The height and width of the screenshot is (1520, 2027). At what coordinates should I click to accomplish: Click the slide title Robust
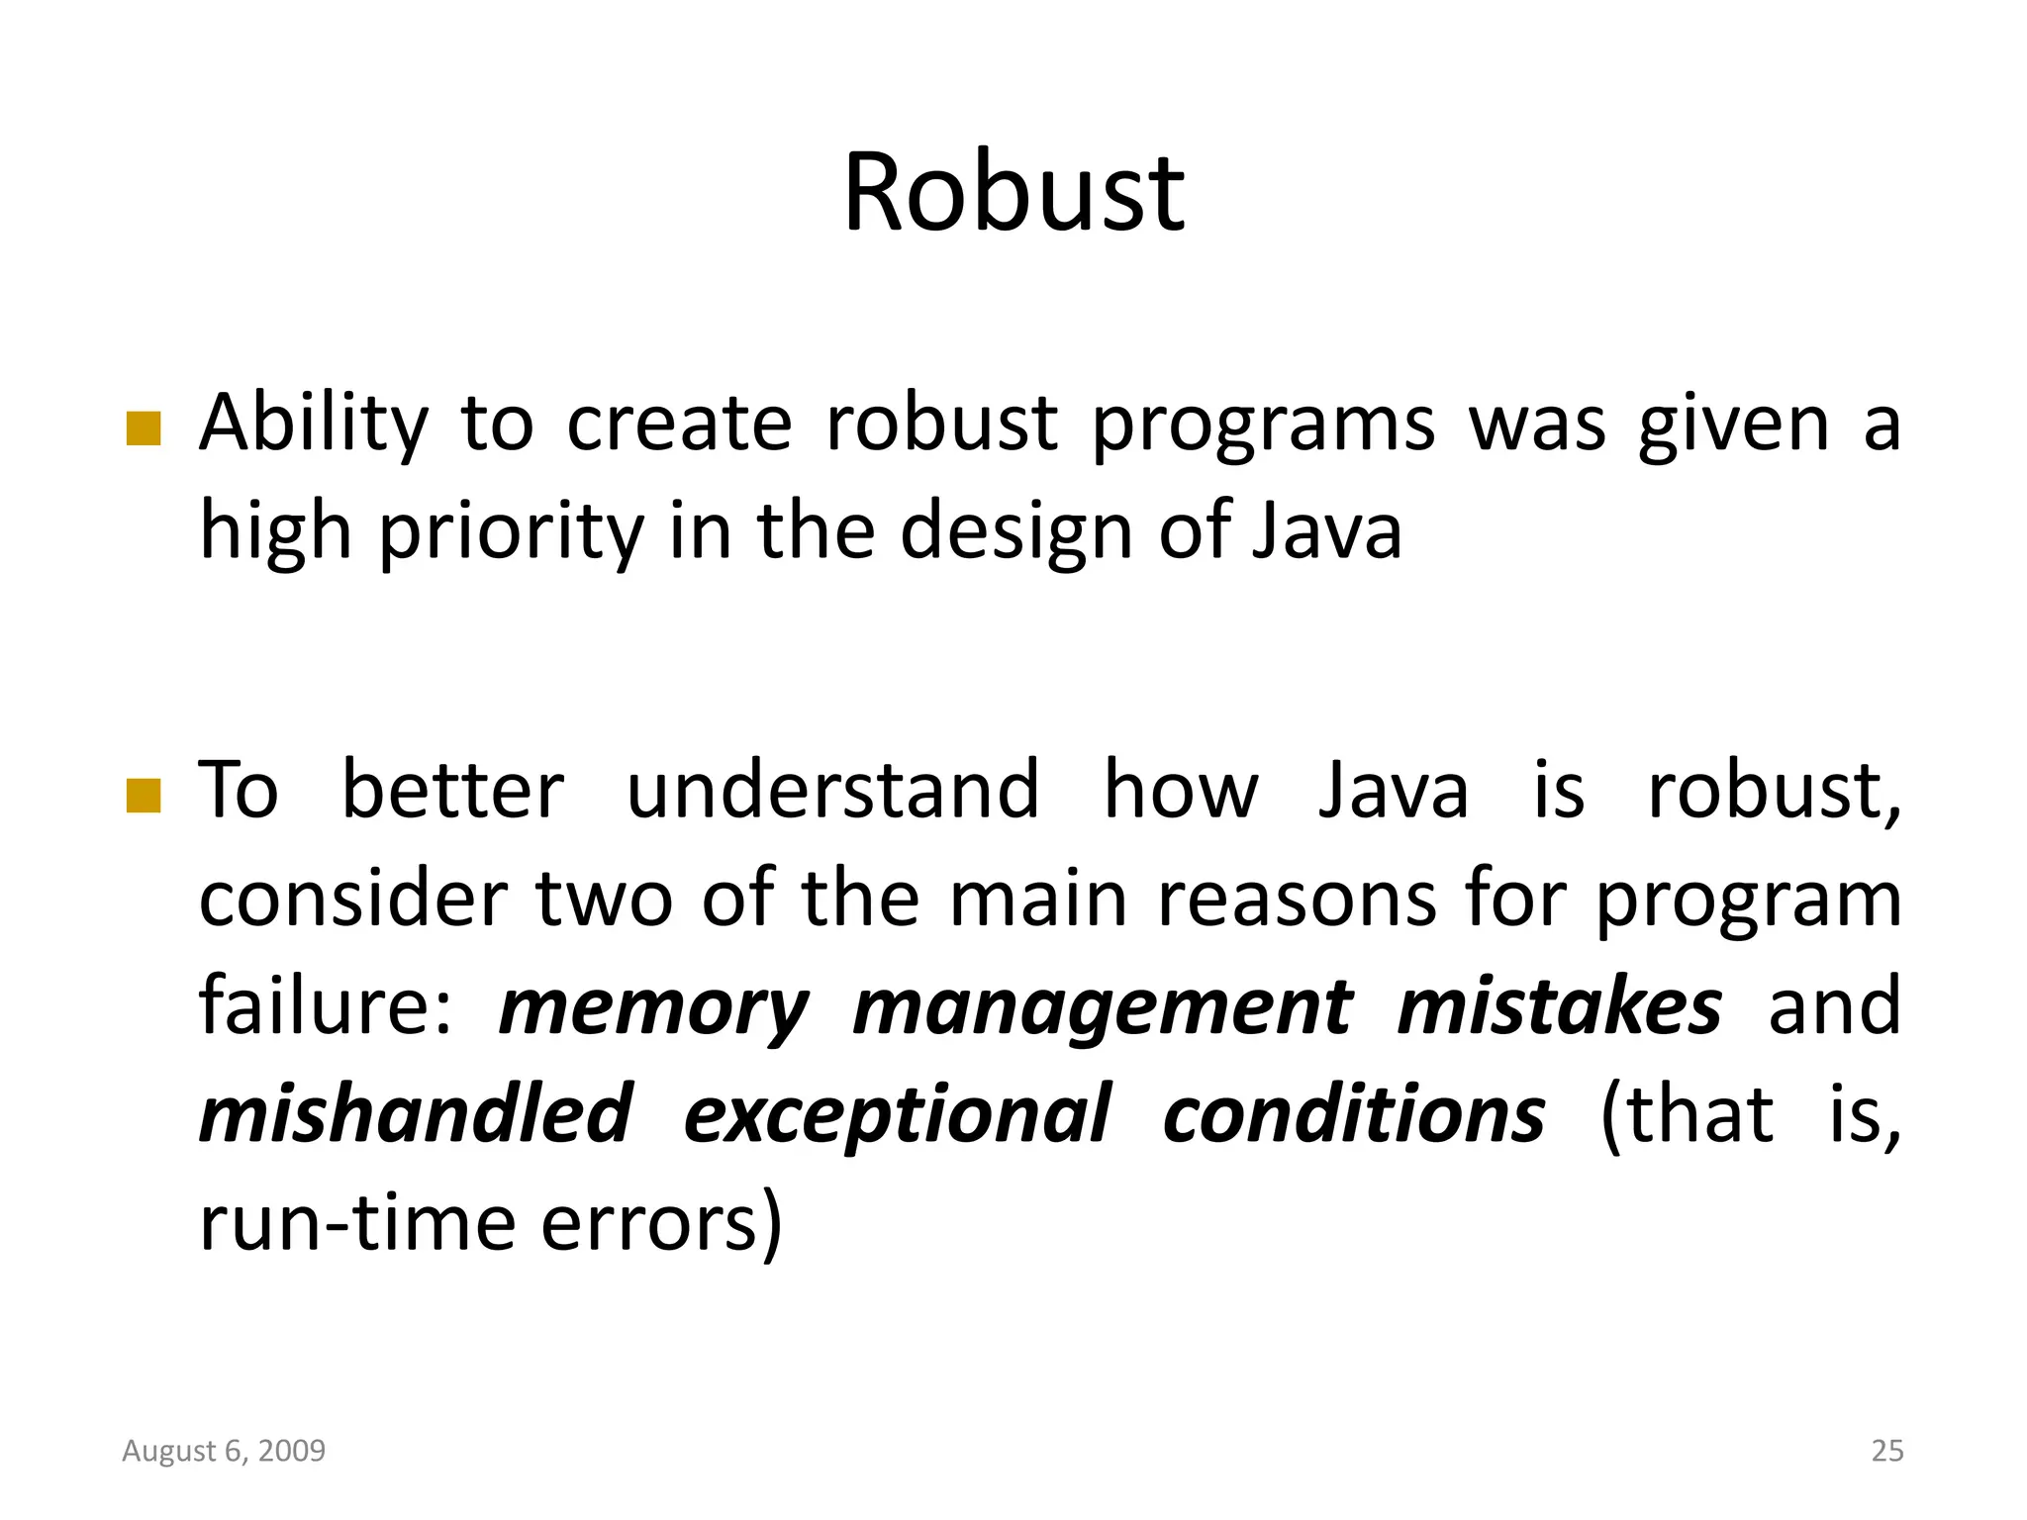point(1013,192)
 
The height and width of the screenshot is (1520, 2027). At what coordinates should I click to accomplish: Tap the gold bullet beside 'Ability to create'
point(145,429)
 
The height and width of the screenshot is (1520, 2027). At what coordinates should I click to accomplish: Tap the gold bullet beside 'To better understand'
point(145,795)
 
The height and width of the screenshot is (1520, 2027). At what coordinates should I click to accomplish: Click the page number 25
point(1886,1451)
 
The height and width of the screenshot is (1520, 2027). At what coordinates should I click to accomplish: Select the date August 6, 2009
point(224,1451)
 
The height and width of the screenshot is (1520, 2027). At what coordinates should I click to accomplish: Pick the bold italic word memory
point(653,1009)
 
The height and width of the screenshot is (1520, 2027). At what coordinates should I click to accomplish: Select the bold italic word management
point(1102,1009)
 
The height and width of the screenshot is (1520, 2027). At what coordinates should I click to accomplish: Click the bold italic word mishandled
point(416,1115)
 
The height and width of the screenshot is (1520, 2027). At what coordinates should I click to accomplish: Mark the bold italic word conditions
point(1353,1115)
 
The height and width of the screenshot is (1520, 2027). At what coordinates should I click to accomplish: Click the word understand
point(833,792)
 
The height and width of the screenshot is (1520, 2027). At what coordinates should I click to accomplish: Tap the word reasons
point(1297,901)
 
